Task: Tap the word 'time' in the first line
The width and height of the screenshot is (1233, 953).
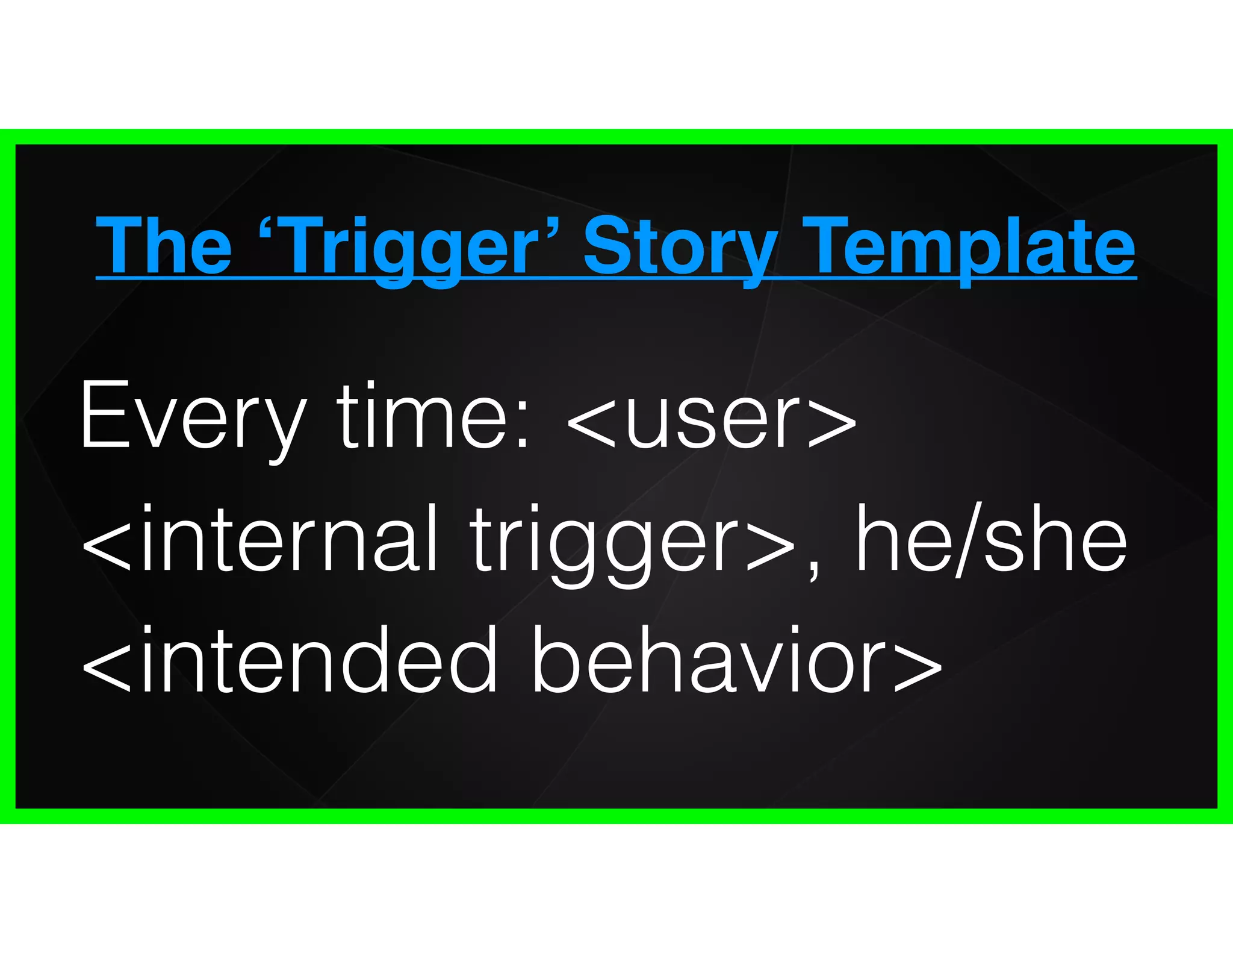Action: [422, 416]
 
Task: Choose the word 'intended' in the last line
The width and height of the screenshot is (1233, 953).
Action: [319, 660]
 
